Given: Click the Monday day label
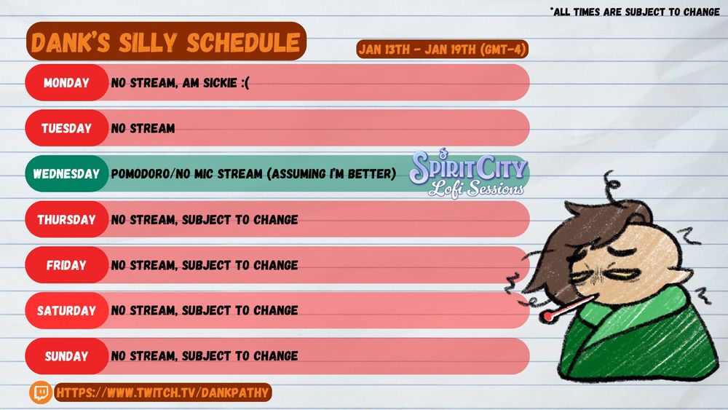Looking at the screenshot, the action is click(66, 82).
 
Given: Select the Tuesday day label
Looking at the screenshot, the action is click(66, 128).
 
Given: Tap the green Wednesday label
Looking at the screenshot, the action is click(66, 173).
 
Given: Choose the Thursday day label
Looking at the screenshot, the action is click(66, 219).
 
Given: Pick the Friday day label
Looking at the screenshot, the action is click(66, 264).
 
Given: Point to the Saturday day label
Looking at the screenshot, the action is click(66, 310).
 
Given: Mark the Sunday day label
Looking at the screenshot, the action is click(66, 356).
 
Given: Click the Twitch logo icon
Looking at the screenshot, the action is click(41, 393).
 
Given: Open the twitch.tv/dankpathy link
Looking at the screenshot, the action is click(162, 393).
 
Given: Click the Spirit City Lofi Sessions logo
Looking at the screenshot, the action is click(468, 173).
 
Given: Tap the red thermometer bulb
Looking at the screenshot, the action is click(547, 317).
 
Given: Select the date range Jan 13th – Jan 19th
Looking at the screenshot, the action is click(442, 50).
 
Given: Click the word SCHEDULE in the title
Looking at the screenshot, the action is click(243, 43).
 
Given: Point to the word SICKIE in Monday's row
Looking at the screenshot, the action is click(220, 82).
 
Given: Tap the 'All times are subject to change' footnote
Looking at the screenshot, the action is click(635, 12).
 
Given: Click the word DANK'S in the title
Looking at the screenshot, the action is click(71, 43).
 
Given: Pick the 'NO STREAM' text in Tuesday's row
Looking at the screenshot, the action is click(143, 128).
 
